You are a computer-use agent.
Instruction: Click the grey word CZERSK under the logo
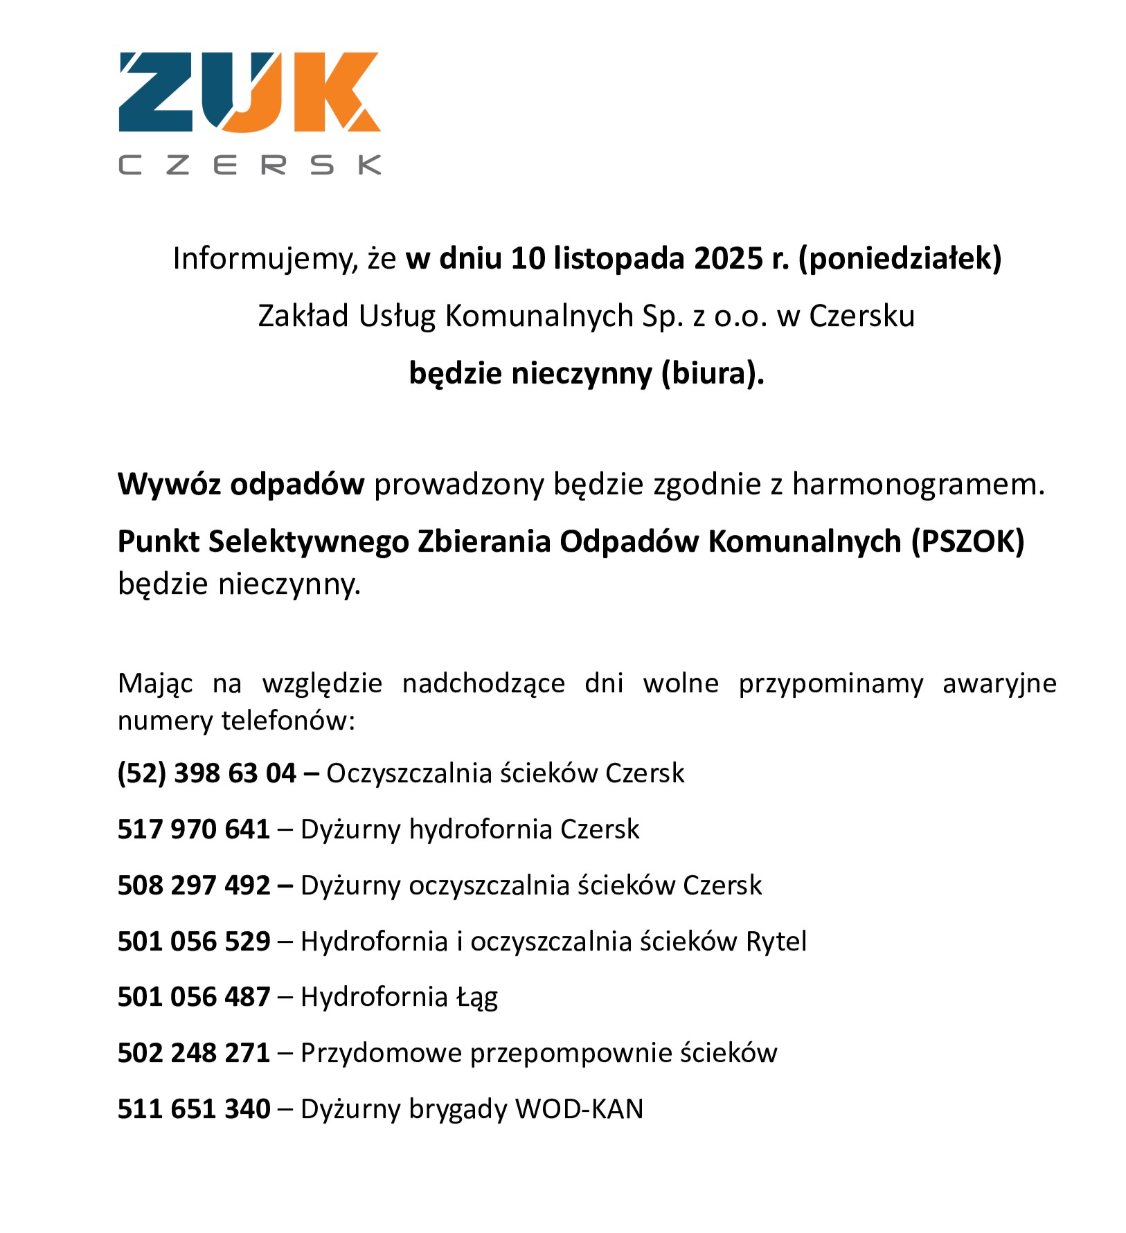[250, 165]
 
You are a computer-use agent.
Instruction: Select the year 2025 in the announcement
[728, 258]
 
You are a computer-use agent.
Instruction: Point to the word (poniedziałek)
[900, 258]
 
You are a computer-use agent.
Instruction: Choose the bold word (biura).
[713, 373]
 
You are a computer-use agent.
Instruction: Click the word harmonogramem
[918, 484]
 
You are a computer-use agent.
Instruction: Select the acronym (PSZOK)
[967, 541]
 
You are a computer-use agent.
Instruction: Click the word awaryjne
[999, 683]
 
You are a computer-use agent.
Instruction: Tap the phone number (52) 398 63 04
[207, 773]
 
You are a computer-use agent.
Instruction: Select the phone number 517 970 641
[194, 829]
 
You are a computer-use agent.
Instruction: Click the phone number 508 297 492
[194, 885]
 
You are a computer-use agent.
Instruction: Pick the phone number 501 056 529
[194, 941]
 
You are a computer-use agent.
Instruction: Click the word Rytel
[776, 941]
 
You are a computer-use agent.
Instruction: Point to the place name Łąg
[477, 997]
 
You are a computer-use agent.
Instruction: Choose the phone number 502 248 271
[194, 1053]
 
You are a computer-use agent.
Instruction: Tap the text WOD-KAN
[579, 1109]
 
